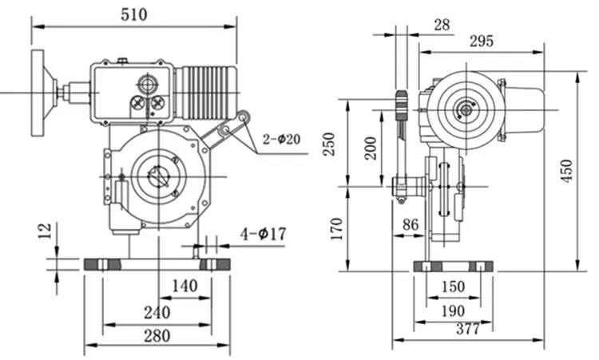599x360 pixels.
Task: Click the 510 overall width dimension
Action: pyautogui.click(x=133, y=14)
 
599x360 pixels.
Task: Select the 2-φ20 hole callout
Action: pyautogui.click(x=281, y=139)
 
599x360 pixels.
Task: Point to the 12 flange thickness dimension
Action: pyautogui.click(x=45, y=231)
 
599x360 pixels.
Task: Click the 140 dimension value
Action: pyautogui.click(x=184, y=285)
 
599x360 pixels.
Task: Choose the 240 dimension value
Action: pyautogui.click(x=158, y=311)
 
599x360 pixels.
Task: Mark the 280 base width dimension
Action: pyautogui.click(x=157, y=335)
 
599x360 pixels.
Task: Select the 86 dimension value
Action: pyautogui.click(x=410, y=224)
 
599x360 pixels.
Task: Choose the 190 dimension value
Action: pyautogui.click(x=453, y=311)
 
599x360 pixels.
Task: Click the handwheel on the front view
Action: pyautogui.click(x=39, y=93)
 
